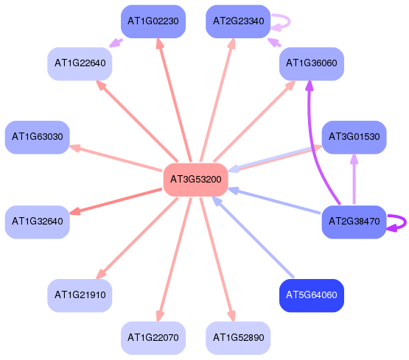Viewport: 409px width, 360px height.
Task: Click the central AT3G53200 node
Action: point(195,180)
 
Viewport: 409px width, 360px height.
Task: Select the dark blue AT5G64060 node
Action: point(312,295)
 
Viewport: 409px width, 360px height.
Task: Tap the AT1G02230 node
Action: point(153,21)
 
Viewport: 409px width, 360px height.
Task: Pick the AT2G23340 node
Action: point(238,21)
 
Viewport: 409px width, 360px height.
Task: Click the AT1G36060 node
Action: point(312,64)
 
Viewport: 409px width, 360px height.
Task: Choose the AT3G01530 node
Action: point(354,137)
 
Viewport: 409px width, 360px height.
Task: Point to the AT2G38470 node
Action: point(354,222)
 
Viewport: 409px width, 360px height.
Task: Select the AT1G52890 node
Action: point(238,338)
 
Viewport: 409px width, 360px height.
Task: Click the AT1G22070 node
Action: point(153,338)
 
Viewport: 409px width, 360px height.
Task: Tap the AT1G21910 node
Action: point(80,295)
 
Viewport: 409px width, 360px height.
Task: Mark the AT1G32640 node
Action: point(38,222)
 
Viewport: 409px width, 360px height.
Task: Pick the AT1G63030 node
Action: point(38,137)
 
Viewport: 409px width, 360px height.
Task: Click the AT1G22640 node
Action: point(80,64)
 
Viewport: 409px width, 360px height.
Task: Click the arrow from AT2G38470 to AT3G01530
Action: point(354,179)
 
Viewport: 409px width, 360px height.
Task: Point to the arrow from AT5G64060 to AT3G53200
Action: point(253,237)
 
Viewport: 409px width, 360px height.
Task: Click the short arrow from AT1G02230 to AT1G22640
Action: point(116,43)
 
